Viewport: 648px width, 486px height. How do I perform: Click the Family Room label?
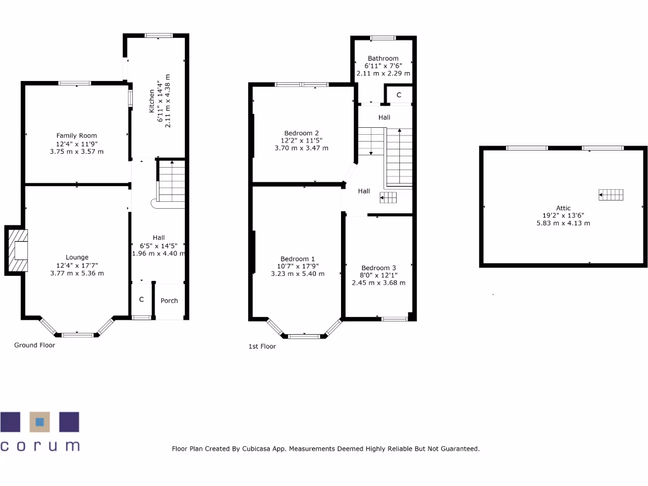(77, 135)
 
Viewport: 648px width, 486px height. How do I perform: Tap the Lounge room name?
(77, 257)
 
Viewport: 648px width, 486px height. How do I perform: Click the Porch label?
(169, 301)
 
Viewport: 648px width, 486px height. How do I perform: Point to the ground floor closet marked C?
(141, 300)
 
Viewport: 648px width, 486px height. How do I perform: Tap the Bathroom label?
(383, 58)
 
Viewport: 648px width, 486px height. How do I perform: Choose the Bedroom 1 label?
(297, 259)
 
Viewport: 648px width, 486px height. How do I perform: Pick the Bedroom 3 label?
(378, 268)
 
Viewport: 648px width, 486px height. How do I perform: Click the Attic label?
(563, 208)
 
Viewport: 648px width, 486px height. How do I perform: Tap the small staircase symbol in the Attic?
(611, 195)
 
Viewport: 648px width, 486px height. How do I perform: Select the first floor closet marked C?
(399, 95)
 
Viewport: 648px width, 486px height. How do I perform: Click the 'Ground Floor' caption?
(35, 346)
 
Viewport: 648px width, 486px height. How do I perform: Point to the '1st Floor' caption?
(262, 346)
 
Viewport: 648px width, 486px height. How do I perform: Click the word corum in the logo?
(40, 445)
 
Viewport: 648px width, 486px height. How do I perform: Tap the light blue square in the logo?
(40, 420)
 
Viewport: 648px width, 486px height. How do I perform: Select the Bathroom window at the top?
(383, 37)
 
